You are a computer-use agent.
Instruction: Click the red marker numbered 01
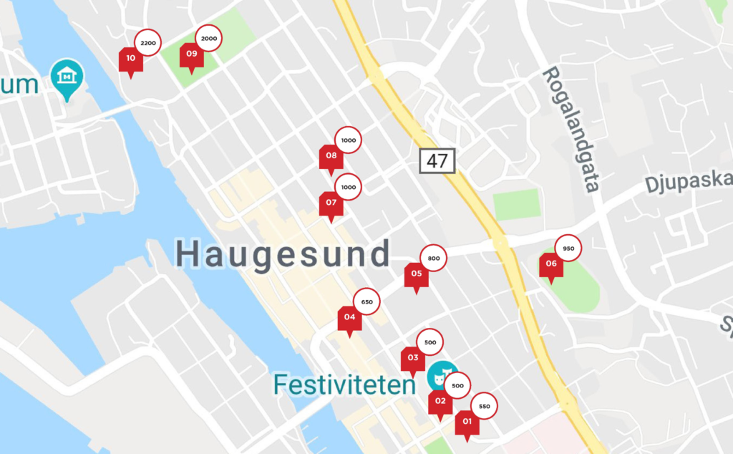[x=467, y=423]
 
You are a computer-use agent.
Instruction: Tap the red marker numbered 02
[x=440, y=402]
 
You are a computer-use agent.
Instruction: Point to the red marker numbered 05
[x=416, y=274]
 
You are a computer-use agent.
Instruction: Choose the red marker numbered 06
[x=551, y=264]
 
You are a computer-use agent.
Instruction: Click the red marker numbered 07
[x=331, y=203]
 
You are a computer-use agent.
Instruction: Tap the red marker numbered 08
[x=331, y=156]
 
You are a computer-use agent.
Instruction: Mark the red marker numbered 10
[x=130, y=59]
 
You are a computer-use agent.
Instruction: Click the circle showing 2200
[x=148, y=44]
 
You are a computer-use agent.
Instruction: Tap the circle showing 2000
[x=209, y=38]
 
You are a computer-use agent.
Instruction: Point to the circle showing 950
[x=568, y=248]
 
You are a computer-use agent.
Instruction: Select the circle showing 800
[x=434, y=259]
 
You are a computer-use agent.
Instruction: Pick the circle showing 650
[x=367, y=302]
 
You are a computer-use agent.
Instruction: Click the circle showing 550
[x=485, y=407]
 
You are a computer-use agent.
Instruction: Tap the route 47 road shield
[x=437, y=160]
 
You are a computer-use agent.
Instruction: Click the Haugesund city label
[x=283, y=254]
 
